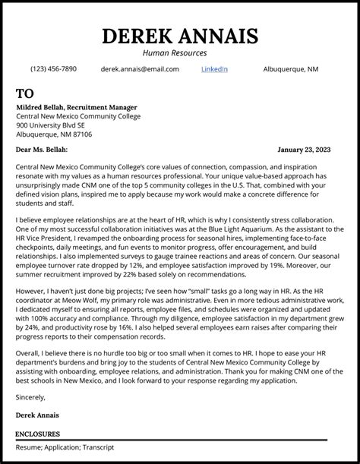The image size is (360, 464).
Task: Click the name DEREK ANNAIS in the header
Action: point(179,36)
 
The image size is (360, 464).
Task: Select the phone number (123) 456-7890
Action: point(53,69)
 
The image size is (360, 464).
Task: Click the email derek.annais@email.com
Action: point(140,69)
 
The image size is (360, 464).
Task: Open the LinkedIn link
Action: point(214,69)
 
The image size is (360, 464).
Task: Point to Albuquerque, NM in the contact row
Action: point(291,69)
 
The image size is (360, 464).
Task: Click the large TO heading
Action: point(25,93)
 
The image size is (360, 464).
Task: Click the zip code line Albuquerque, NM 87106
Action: point(54,134)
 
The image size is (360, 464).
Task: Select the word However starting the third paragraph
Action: point(31,312)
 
